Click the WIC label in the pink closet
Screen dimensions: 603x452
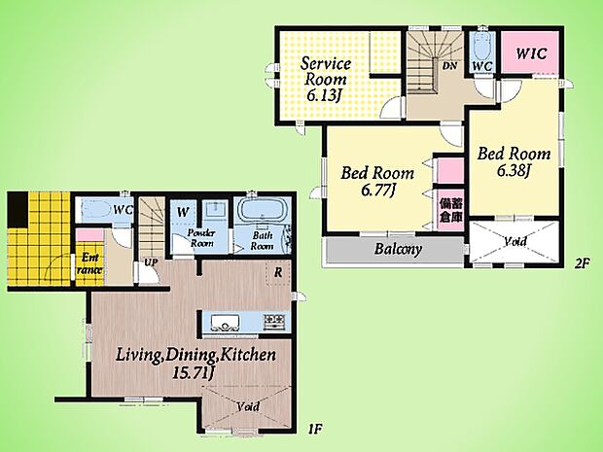(531, 53)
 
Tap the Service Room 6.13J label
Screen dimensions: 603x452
(325, 80)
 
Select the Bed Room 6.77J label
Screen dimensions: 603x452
(377, 181)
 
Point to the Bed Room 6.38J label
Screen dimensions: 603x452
(514, 161)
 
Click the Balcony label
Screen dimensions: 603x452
(398, 249)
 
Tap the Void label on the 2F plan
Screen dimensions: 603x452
(515, 241)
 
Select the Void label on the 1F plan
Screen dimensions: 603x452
(248, 406)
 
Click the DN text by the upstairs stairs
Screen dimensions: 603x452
(449, 66)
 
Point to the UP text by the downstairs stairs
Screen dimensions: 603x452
(151, 262)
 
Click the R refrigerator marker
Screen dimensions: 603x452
(278, 273)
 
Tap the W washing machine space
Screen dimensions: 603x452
(183, 211)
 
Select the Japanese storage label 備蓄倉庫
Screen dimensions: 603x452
(450, 210)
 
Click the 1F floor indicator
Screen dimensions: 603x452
(314, 429)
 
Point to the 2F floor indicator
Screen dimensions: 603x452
(583, 263)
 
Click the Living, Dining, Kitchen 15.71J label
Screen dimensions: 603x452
(195, 363)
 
